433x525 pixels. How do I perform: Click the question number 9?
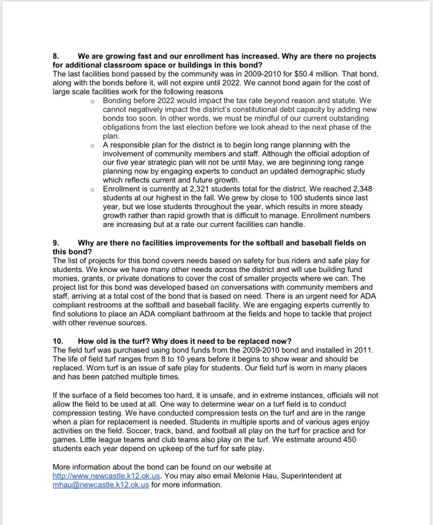pyautogui.click(x=55, y=243)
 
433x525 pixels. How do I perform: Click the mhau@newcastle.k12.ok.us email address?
pyautogui.click(x=100, y=484)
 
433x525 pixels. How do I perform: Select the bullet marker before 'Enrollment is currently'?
pyautogui.click(x=92, y=189)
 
